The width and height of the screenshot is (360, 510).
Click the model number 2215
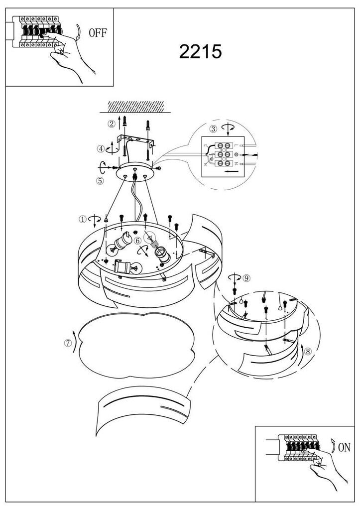click(x=200, y=51)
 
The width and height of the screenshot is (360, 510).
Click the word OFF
click(x=98, y=32)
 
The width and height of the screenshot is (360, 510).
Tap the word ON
click(x=344, y=447)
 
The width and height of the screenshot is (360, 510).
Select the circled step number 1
click(x=83, y=219)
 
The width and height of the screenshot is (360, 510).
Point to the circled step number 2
click(x=112, y=124)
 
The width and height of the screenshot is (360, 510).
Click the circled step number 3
click(x=213, y=129)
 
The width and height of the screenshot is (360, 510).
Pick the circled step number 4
click(x=101, y=149)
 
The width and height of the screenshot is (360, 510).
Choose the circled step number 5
click(x=100, y=180)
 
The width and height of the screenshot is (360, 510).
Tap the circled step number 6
click(x=137, y=241)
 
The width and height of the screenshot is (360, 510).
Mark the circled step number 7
click(x=68, y=343)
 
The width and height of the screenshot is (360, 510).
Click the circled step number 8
click(x=308, y=351)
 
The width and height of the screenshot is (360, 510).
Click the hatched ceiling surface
click(x=136, y=107)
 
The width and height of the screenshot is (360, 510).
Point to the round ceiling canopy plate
click(x=135, y=172)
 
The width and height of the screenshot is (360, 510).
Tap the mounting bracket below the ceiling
click(x=136, y=140)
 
